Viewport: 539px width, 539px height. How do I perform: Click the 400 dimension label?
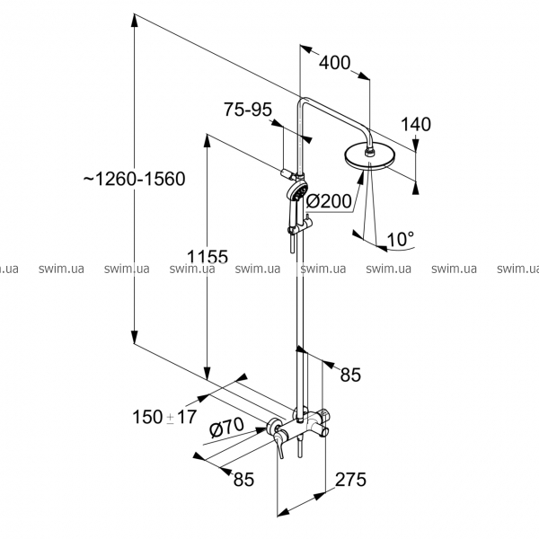pos(334,64)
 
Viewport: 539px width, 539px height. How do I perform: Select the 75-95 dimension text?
pos(247,110)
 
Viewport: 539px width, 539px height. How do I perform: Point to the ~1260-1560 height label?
pos(134,179)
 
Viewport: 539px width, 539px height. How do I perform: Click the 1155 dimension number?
pos(206,256)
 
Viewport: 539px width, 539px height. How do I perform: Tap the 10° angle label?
pos(400,239)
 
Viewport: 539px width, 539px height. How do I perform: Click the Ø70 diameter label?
pos(226,429)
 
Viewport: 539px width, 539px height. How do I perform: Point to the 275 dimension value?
pos(349,480)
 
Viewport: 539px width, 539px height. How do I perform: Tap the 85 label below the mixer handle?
pos(243,480)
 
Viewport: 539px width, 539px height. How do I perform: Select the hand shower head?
pos(301,192)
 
